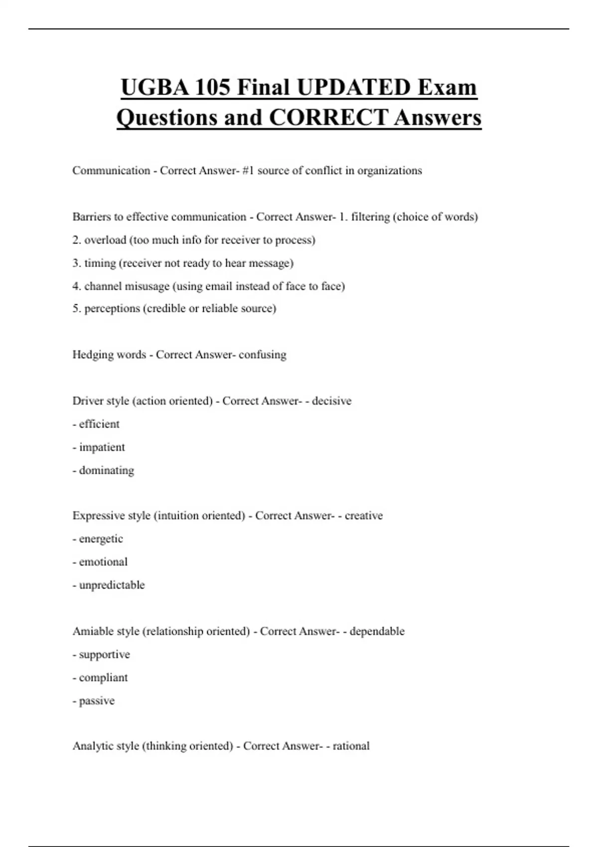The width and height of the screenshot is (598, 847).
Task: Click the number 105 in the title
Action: (212, 88)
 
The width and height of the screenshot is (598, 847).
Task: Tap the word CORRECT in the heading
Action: (328, 118)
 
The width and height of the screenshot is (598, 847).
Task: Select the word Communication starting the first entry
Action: (111, 170)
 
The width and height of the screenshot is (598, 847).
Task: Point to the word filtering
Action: (370, 217)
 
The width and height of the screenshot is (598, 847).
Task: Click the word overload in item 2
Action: (105, 240)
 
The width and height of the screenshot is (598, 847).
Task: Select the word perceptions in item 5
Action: (112, 308)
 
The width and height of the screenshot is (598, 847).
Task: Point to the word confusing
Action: (263, 355)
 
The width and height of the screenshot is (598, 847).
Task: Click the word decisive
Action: (332, 401)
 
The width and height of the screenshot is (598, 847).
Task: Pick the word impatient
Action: (102, 447)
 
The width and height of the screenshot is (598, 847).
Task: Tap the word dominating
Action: (107, 470)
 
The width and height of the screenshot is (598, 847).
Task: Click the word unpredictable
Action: (112, 585)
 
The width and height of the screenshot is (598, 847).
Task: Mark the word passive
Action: (97, 701)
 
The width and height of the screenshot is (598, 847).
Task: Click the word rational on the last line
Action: (351, 746)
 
